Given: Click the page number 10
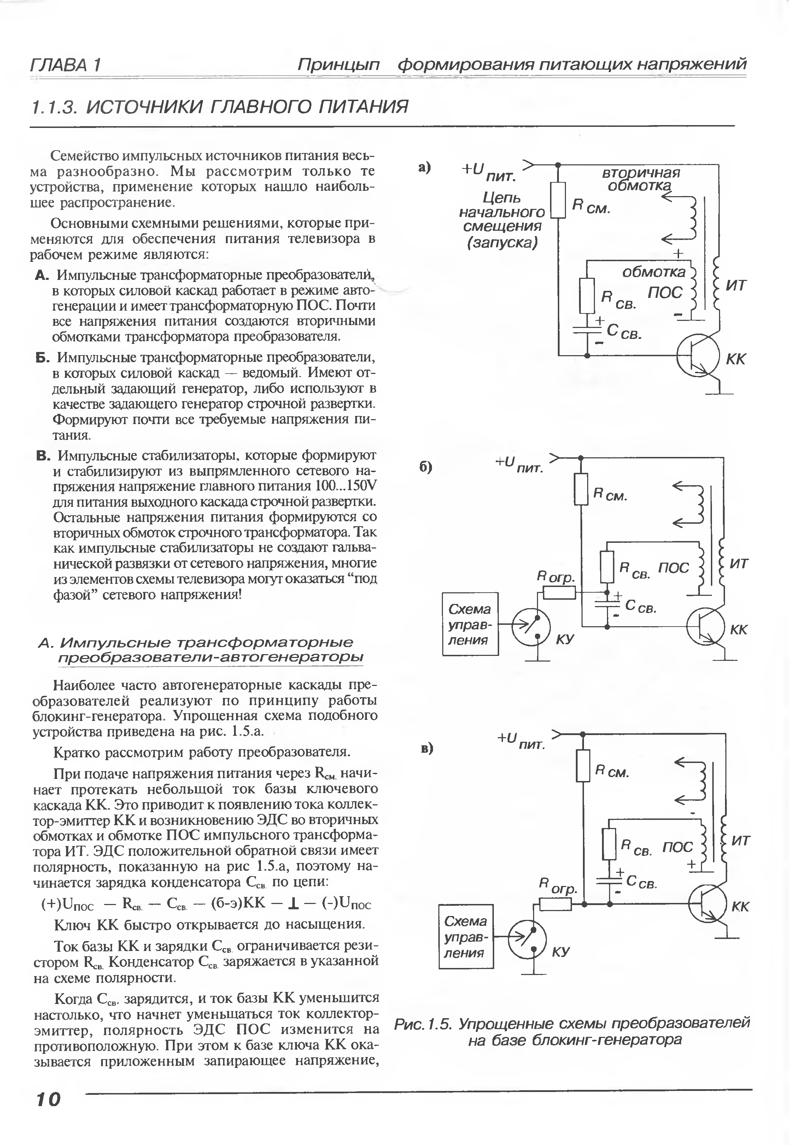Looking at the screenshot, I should point(47,1099).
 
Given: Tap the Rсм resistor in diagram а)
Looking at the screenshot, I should point(558,200).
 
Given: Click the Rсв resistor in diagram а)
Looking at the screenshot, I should point(587,295).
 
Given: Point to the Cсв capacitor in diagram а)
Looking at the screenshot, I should point(587,329).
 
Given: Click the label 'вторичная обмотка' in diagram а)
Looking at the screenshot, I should point(641,179).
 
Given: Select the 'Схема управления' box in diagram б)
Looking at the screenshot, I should point(470,624).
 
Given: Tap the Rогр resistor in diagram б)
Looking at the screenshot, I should point(559,592).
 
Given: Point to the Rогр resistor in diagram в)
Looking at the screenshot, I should point(555,904).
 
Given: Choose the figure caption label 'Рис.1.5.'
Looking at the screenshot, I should point(423,1023).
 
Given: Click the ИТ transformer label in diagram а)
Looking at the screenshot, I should point(736,286).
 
